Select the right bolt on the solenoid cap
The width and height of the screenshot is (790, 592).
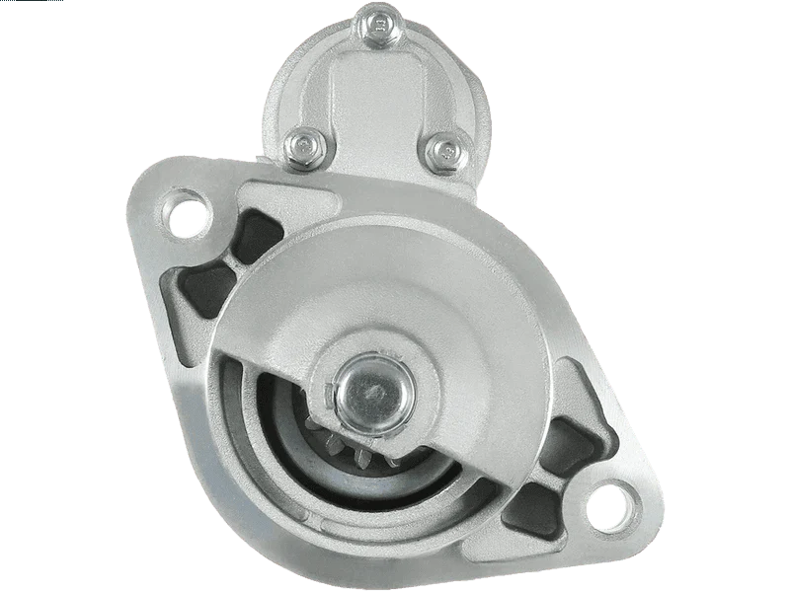click(x=445, y=150)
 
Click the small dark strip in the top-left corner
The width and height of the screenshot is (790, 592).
click(x=30, y=3)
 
